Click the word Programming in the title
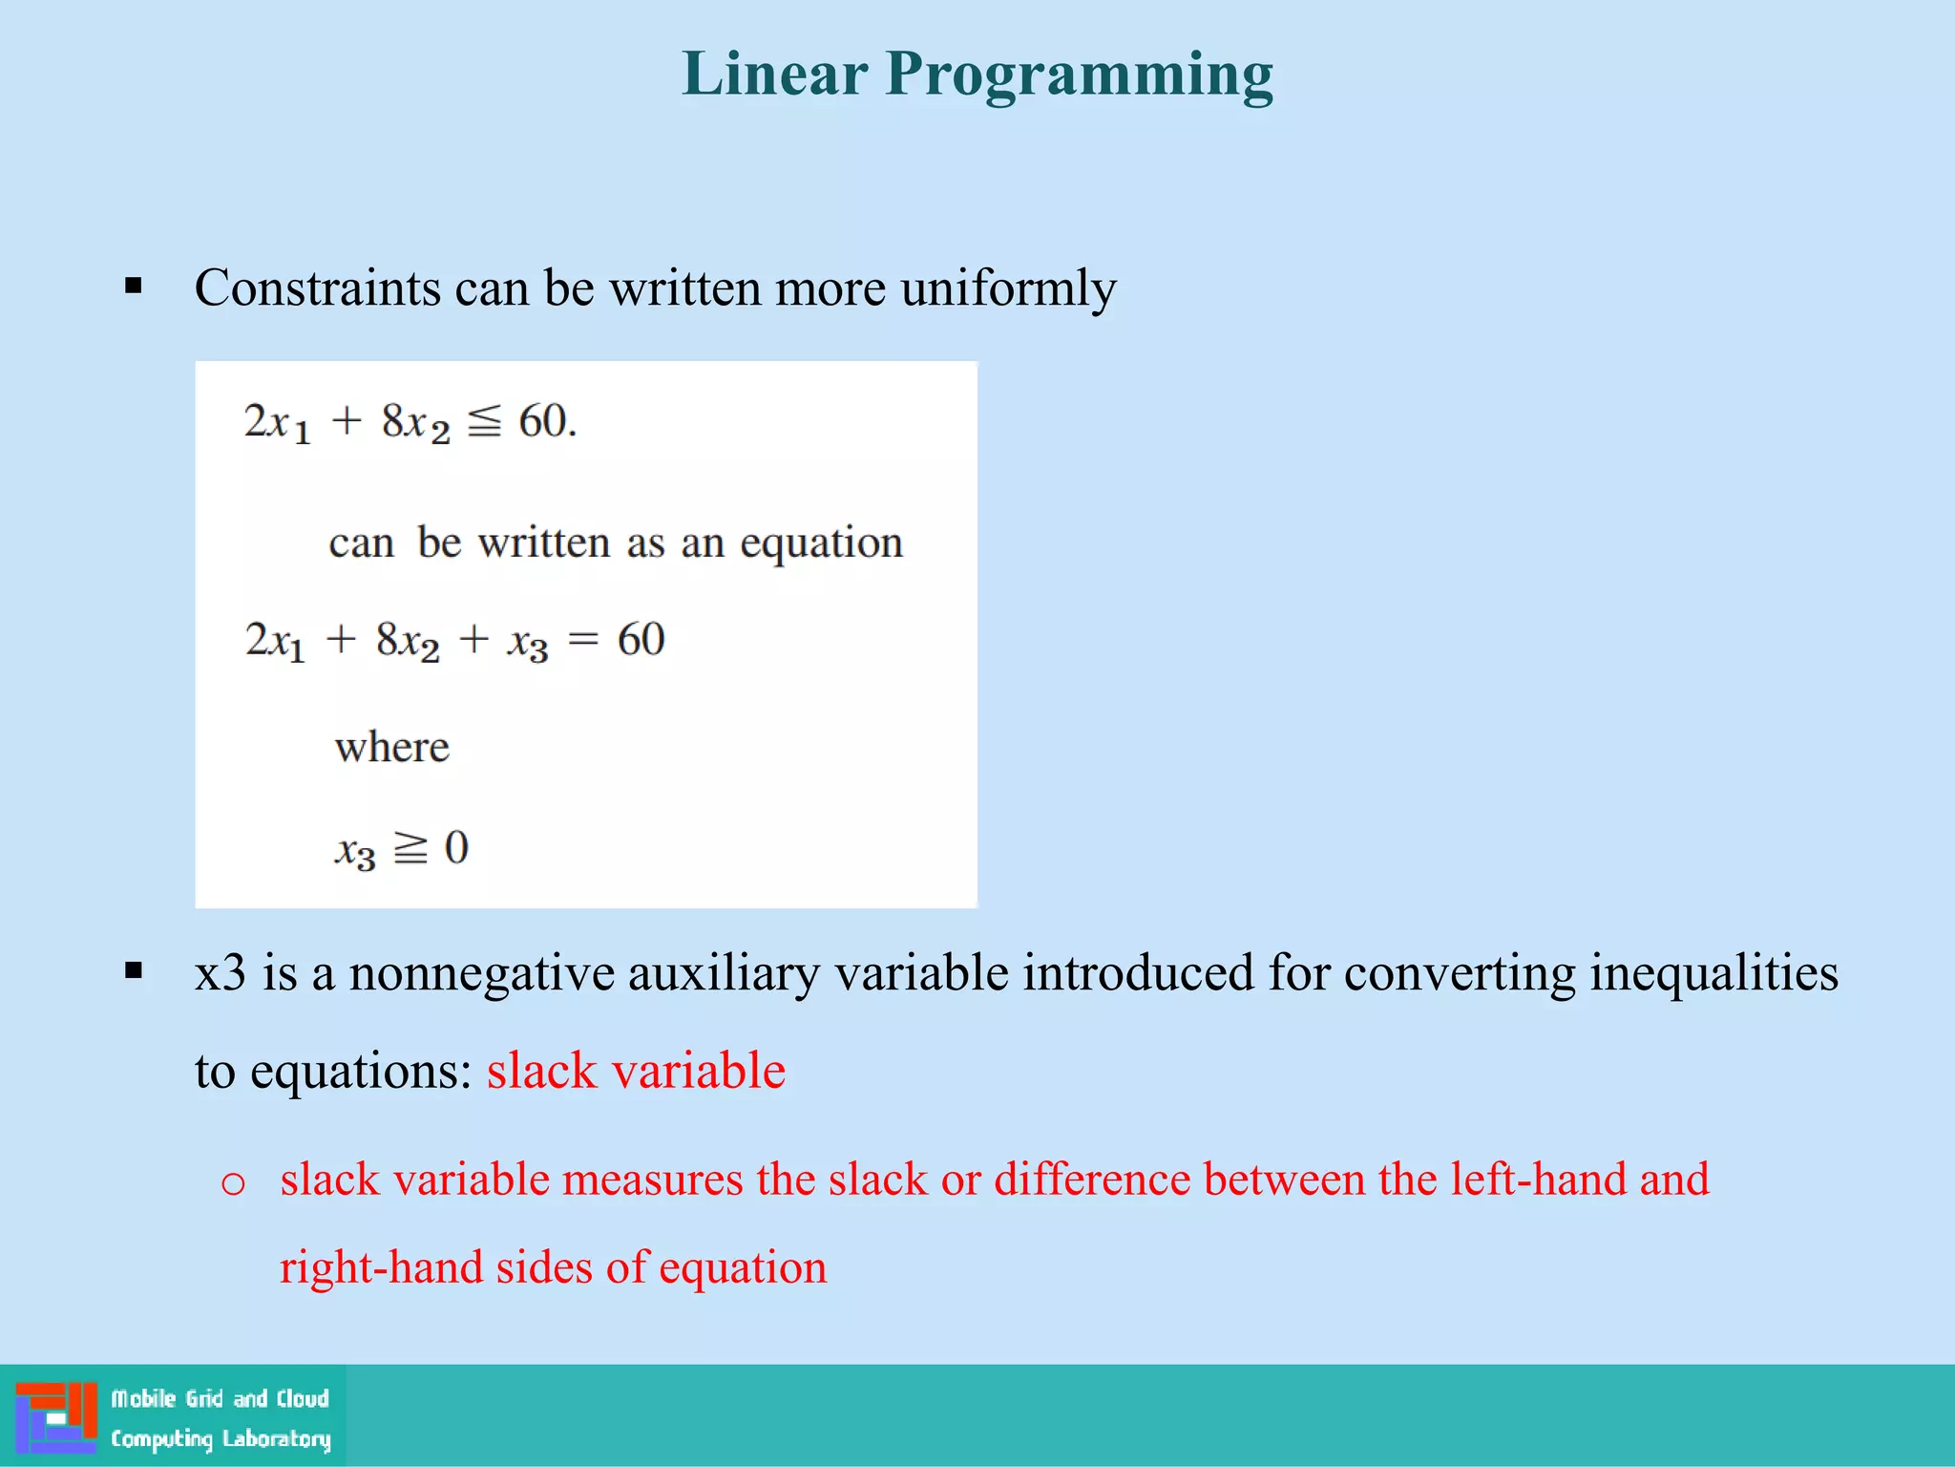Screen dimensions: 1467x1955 coord(1079,74)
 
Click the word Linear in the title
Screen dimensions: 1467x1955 coord(774,74)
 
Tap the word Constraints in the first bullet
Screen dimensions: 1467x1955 coord(317,287)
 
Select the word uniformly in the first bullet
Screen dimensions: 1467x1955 coord(1008,287)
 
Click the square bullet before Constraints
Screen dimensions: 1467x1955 coord(134,286)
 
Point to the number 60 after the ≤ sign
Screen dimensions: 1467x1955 coord(544,421)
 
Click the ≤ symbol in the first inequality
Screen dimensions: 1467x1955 coord(484,421)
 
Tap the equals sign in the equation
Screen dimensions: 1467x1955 coord(582,641)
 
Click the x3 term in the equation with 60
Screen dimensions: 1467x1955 coord(528,642)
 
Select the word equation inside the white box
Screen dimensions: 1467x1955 coord(821,543)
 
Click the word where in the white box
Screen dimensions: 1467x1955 coord(391,747)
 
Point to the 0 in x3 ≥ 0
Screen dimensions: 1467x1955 coord(456,848)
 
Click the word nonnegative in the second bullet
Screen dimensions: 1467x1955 coord(481,973)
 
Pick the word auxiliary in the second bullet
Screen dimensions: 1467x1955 coord(723,973)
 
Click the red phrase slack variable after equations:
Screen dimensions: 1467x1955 coord(636,1071)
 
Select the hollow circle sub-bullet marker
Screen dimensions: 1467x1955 coord(233,1184)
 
